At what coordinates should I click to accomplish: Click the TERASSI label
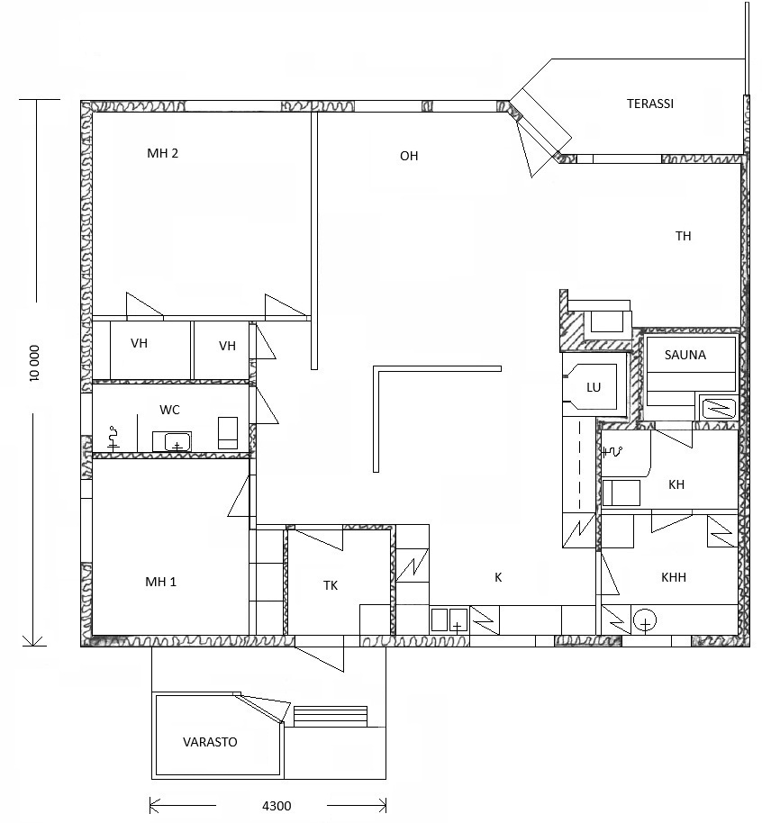click(649, 104)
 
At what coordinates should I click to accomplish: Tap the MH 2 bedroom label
click(162, 153)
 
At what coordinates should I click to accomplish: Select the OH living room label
click(409, 156)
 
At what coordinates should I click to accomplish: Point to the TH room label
click(683, 236)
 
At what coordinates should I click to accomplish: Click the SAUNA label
click(685, 355)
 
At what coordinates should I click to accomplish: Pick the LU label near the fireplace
click(594, 387)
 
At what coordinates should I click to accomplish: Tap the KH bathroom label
click(676, 484)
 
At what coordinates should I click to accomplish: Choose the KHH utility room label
click(673, 577)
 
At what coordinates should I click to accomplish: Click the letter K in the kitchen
click(498, 577)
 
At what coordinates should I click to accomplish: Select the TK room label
click(331, 586)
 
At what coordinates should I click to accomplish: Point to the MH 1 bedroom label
click(160, 582)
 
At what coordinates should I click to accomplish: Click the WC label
click(169, 410)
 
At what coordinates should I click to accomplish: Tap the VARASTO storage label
click(210, 742)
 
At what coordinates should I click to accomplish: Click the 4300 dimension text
click(277, 806)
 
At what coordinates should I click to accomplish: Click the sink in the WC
click(172, 441)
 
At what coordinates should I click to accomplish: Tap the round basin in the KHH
click(645, 621)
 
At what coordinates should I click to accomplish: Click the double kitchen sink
click(449, 620)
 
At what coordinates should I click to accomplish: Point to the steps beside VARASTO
click(331, 717)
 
